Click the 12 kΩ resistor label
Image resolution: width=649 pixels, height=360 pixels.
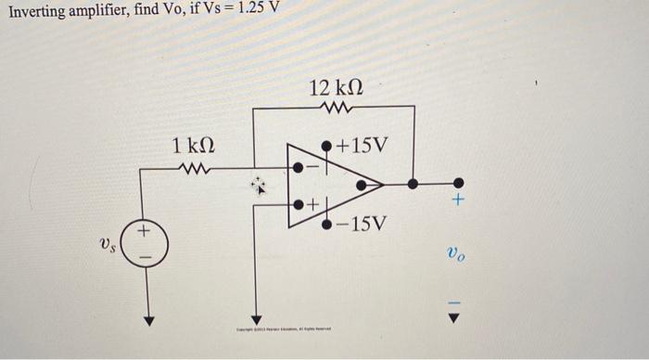[337, 89]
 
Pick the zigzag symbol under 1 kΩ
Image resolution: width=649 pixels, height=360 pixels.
[197, 169]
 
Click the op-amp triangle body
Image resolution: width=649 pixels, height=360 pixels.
[334, 185]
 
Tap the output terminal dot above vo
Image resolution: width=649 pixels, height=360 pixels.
[455, 184]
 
